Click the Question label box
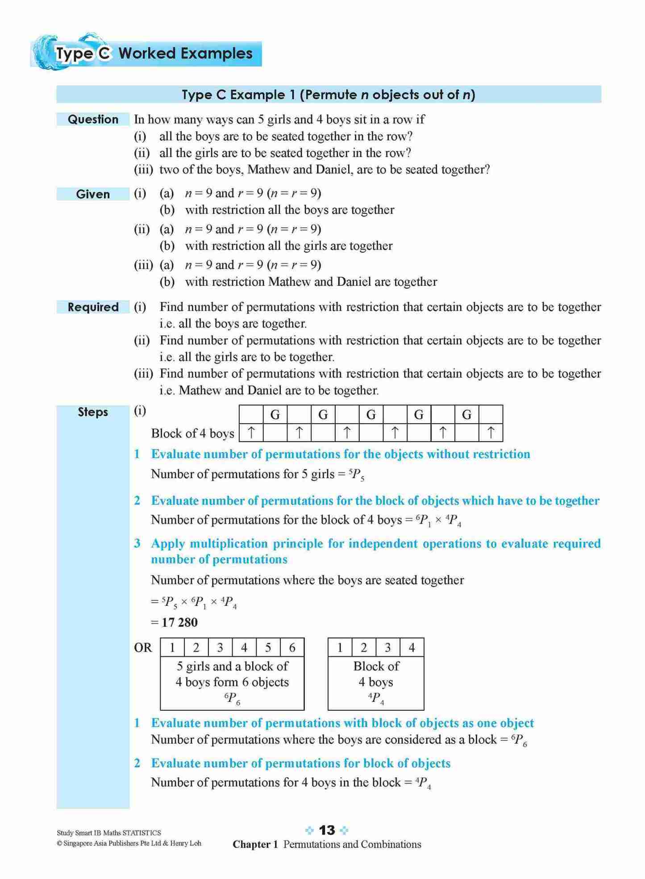[x=93, y=119]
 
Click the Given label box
[x=93, y=194]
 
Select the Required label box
[x=93, y=307]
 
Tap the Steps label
[x=93, y=412]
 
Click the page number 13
[x=327, y=830]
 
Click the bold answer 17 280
[x=179, y=622]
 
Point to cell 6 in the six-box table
[x=292, y=647]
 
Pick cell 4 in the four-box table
[x=412, y=647]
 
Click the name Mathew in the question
[x=266, y=170]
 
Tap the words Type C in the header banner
[x=83, y=54]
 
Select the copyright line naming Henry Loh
[x=129, y=843]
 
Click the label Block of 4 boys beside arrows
[x=192, y=433]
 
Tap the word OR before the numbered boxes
[x=143, y=648]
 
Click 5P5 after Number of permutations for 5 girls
[x=357, y=475]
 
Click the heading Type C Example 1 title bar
[x=329, y=95]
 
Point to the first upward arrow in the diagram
[x=251, y=432]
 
